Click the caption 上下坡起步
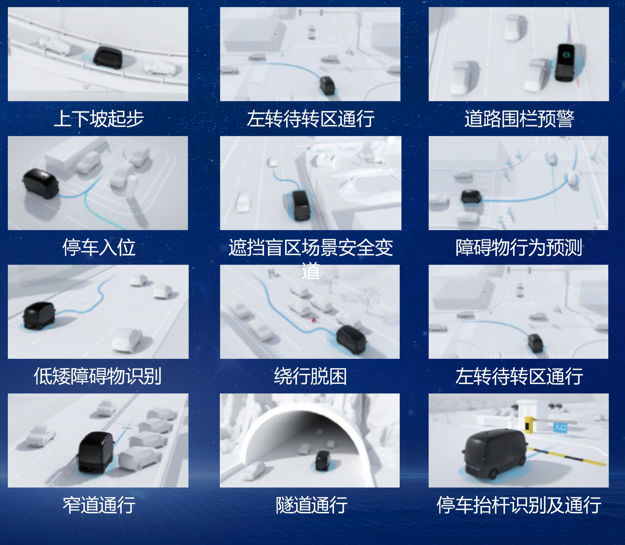[x=99, y=119]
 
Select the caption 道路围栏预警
[x=519, y=119]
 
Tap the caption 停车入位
[x=99, y=247]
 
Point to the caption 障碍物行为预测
[x=519, y=247]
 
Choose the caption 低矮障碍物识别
[x=98, y=376]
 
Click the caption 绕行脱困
[x=311, y=376]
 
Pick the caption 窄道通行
[x=99, y=504]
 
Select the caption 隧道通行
[x=312, y=504]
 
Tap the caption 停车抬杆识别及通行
[x=519, y=504]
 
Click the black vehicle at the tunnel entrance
[x=323, y=460]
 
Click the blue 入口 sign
[x=560, y=427]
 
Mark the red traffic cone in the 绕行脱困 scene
[x=313, y=320]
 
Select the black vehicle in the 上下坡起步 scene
[x=107, y=58]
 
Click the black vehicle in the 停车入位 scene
[x=41, y=183]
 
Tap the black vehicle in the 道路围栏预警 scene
[x=565, y=63]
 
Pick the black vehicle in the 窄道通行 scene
[x=96, y=453]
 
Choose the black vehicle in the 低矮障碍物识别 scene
[x=40, y=315]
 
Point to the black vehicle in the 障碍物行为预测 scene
[x=471, y=197]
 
